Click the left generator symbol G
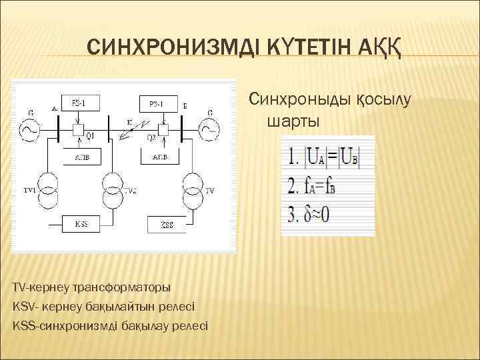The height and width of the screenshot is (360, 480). [30, 131]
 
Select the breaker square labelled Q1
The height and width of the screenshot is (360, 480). [78, 129]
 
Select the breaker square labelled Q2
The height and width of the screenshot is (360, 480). [162, 128]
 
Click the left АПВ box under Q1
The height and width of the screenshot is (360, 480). [78, 157]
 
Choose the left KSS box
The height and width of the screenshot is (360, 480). [81, 224]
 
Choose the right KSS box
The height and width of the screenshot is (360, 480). [167, 225]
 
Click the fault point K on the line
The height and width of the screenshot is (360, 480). [129, 123]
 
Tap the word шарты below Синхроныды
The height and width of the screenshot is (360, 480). [293, 122]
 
